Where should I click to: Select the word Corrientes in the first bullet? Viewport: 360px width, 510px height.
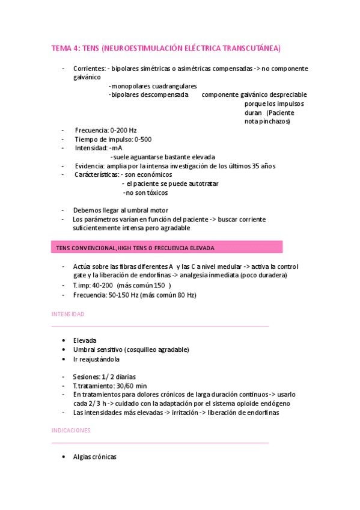(x=89, y=69)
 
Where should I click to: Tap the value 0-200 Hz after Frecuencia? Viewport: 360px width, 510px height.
(x=123, y=130)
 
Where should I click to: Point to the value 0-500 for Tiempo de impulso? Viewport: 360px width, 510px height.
(x=143, y=139)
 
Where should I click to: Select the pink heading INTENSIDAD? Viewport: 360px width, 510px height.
(x=68, y=314)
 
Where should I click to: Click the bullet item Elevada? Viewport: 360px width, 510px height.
(x=85, y=340)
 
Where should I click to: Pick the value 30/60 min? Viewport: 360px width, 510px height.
(x=129, y=386)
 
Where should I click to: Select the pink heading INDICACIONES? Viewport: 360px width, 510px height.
(x=71, y=431)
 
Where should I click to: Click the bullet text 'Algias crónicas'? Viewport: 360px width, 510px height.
(x=94, y=457)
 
